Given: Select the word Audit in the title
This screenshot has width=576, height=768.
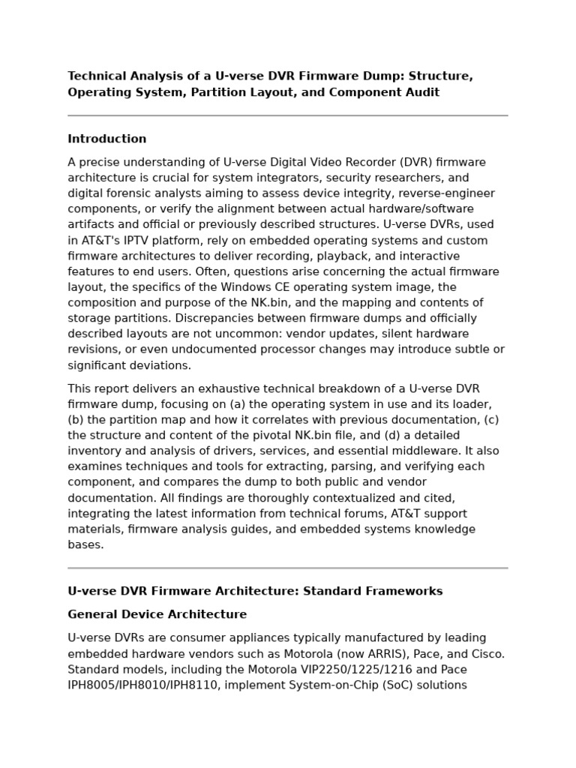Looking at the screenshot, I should pos(423,92).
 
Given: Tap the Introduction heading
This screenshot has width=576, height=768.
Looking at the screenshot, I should pos(107,139).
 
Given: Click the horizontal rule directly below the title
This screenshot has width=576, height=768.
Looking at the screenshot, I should pos(288,115).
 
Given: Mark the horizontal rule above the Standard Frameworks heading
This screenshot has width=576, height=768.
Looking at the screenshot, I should pos(288,568).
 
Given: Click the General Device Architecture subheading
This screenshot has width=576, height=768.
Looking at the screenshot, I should pos(157,614).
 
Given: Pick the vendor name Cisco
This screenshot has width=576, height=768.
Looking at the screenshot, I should pos(488,654).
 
